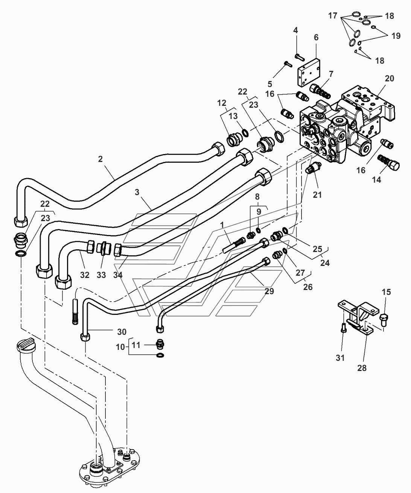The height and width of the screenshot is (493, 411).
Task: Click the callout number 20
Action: coord(390,78)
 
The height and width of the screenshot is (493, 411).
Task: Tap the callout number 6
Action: coord(316,37)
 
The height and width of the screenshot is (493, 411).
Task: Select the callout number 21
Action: coord(317,195)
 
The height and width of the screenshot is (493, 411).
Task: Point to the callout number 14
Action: coord(376,180)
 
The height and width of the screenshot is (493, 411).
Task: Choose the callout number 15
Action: coord(386,292)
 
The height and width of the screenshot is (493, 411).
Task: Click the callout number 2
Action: coord(100,159)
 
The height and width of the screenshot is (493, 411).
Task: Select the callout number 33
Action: coord(102,275)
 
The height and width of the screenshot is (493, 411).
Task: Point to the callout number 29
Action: coord(269,291)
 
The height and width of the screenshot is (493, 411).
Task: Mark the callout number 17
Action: coord(333,16)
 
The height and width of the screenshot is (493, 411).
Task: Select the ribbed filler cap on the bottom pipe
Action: coord(26,345)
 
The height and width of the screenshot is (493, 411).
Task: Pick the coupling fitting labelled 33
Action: coord(104,250)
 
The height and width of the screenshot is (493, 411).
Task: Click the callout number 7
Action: coord(331,74)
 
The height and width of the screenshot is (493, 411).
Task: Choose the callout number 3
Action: coord(137,192)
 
